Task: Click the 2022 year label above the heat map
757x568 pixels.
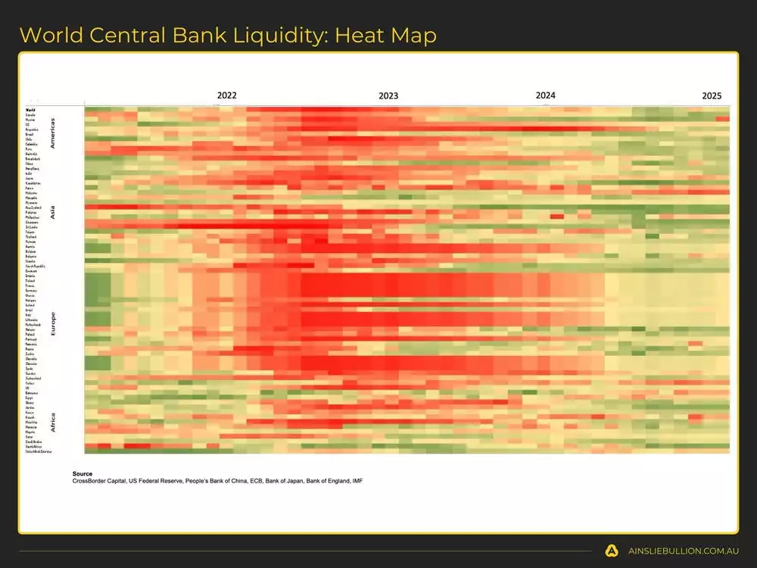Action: [x=227, y=95]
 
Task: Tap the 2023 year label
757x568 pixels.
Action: [x=388, y=96]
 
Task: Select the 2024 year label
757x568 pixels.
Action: [x=545, y=95]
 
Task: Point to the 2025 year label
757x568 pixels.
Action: [x=712, y=96]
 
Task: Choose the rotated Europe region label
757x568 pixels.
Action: [x=52, y=323]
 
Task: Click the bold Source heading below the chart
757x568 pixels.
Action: [x=83, y=474]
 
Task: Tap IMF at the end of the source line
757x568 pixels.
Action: [x=357, y=481]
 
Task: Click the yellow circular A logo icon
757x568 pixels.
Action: [x=611, y=551]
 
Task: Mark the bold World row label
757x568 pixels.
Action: [x=30, y=110]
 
